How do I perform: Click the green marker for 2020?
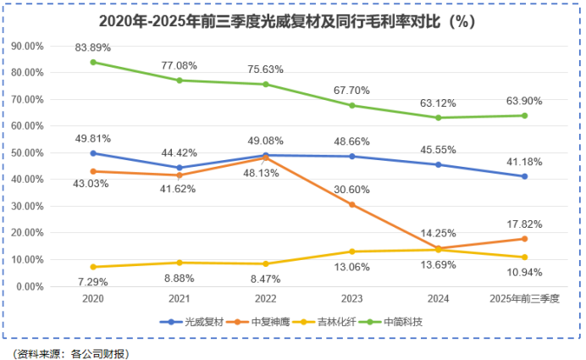[x=93, y=62]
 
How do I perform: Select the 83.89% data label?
[x=93, y=46]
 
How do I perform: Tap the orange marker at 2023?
[x=351, y=205]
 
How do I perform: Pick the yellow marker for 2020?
[x=93, y=267]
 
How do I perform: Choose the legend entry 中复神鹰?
[x=263, y=321]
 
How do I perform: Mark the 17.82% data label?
[x=524, y=224]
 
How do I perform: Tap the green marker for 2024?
[x=438, y=118]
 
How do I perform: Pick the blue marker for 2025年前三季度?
[x=524, y=176]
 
